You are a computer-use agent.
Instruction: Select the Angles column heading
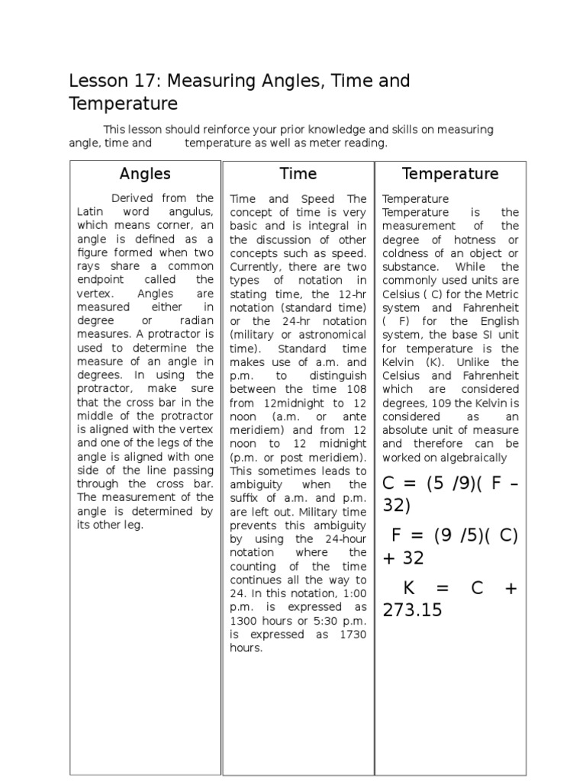pyautogui.click(x=145, y=174)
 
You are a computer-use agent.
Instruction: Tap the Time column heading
pyautogui.click(x=298, y=174)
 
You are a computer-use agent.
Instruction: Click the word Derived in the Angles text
pyautogui.click(x=132, y=198)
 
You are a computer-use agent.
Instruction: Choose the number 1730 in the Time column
pyautogui.click(x=352, y=635)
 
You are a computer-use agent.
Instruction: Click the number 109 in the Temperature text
pyautogui.click(x=442, y=403)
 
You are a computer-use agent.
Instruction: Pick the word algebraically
pyautogui.click(x=471, y=458)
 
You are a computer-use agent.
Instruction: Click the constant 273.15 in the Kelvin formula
pyautogui.click(x=413, y=610)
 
